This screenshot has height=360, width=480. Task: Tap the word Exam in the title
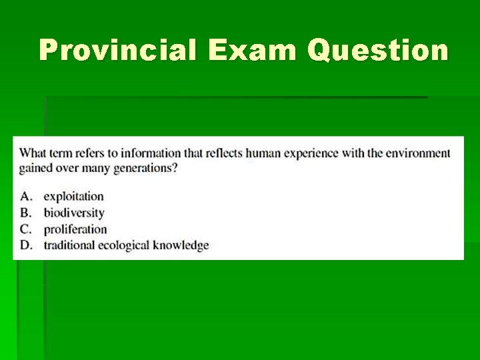pos(251,51)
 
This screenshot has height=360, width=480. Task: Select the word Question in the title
pos(378,51)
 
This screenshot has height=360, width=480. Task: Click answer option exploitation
pos(73,197)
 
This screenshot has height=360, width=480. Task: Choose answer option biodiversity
pos(74,213)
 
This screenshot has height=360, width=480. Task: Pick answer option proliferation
pos(75,229)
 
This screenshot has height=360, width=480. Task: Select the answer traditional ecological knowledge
pos(126,245)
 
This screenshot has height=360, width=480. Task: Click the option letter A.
pos(26,197)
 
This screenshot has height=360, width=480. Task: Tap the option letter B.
pos(26,213)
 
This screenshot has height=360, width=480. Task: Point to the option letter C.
pos(26,229)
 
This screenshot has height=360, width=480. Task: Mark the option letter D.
pos(26,245)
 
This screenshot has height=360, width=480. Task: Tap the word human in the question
pos(265,153)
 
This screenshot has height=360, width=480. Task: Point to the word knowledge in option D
pos(181,245)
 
